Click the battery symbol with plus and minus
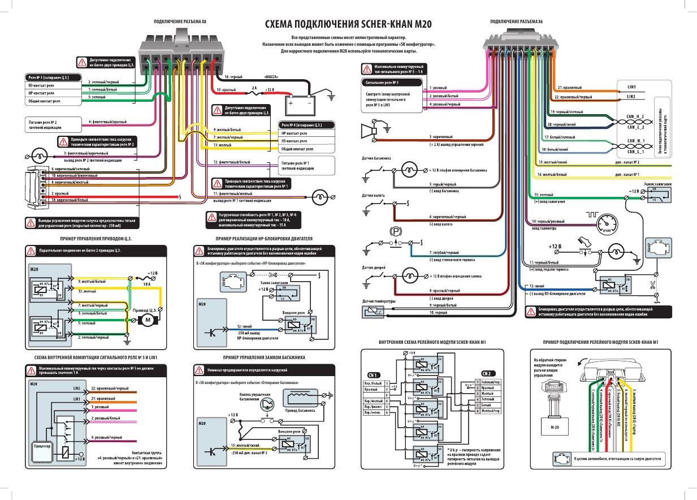coord(301,104)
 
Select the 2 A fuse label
coord(254,88)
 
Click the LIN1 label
coord(632,88)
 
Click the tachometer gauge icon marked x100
coord(605,225)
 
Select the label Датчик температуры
coord(379,301)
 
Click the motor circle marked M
coord(149,321)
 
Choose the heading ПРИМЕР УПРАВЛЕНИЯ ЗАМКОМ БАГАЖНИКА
coord(264,358)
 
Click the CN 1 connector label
coord(374,374)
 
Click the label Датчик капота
coord(373,195)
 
